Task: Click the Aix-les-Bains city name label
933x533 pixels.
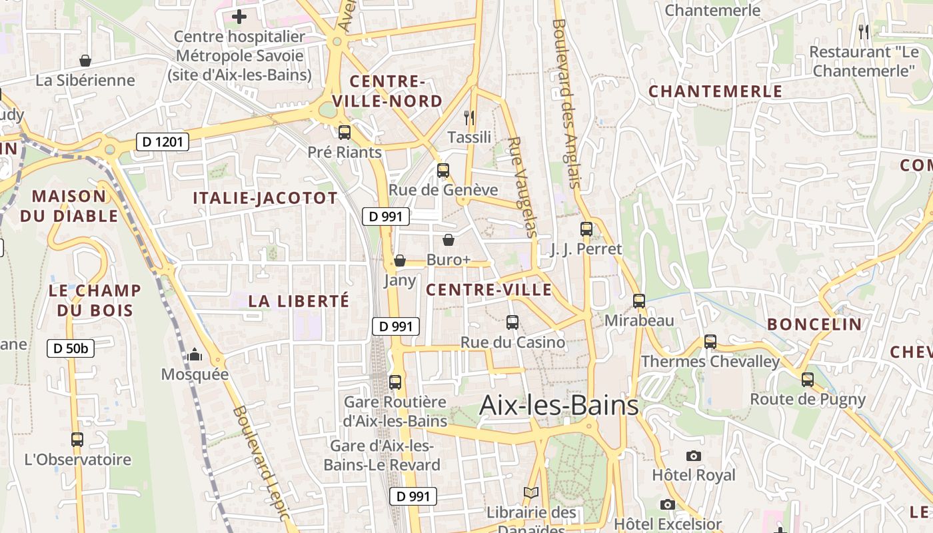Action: tap(559, 405)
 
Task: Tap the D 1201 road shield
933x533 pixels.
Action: tap(163, 141)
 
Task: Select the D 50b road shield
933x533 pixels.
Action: tap(70, 348)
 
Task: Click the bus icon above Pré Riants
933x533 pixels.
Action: tap(345, 132)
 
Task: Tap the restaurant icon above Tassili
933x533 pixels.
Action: tap(469, 118)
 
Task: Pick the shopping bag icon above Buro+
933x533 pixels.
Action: tap(449, 240)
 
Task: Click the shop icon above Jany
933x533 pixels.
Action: tap(400, 261)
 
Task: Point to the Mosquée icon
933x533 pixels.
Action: tap(195, 354)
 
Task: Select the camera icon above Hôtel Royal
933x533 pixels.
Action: tap(694, 456)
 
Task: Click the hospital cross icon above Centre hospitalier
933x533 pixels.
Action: tap(239, 17)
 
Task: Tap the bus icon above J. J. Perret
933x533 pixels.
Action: tap(586, 229)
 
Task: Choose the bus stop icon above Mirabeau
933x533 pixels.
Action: tap(639, 300)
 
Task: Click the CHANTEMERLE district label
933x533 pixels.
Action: tap(715, 92)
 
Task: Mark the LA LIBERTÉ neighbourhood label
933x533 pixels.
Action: tap(299, 301)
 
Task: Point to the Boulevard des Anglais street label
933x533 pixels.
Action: tap(567, 103)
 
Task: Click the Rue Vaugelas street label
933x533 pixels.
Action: tap(522, 187)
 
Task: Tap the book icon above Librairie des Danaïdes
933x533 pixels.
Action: tap(530, 493)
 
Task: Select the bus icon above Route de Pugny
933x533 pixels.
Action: tap(808, 380)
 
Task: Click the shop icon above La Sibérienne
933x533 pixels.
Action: tap(85, 61)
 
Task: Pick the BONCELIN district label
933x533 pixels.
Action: tap(814, 324)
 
